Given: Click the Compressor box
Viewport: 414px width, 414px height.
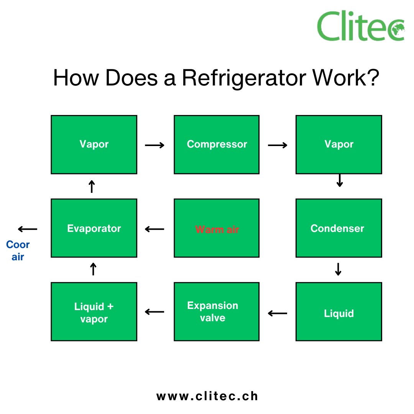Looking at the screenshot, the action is [217, 145].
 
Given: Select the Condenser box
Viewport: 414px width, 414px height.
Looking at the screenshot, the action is [338, 228].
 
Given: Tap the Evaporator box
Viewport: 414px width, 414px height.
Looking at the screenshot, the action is [94, 228].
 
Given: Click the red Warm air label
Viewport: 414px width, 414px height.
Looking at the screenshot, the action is [217, 230].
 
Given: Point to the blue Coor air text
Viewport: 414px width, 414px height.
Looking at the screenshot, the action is [18, 251].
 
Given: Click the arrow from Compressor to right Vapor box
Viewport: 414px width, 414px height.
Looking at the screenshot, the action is [278, 145].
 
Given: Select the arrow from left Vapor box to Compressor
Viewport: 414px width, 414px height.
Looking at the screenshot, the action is [155, 145].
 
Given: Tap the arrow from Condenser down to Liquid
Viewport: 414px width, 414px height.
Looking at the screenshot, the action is [338, 269].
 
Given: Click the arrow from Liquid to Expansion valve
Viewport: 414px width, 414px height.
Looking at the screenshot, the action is [278, 314].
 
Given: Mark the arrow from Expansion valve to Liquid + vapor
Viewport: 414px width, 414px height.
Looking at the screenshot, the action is [154, 312].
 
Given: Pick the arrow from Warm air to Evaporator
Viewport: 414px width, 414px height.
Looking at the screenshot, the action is [154, 230].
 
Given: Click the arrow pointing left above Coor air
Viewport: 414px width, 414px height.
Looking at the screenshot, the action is [28, 229].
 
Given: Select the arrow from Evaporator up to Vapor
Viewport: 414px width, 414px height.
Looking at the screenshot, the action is [92, 187].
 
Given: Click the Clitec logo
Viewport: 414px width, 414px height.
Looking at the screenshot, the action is [361, 26].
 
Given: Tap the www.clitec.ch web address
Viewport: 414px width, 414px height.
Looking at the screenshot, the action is [207, 396].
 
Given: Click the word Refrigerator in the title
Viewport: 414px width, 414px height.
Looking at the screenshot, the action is [244, 78].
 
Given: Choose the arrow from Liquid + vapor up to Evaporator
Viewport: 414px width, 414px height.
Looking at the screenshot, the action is [93, 269].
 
